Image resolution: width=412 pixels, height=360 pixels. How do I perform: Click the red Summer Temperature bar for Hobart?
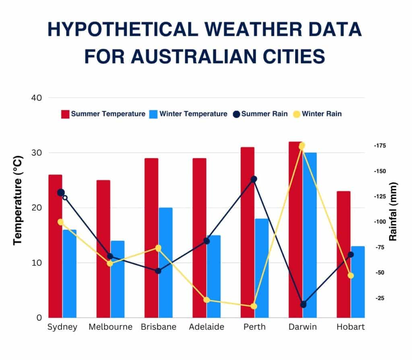[x=343, y=254]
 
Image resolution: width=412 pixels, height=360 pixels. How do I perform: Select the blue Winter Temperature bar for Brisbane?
[x=165, y=262]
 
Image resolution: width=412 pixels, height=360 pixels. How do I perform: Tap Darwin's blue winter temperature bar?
[x=310, y=234]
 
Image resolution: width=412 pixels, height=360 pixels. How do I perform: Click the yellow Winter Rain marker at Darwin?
[x=302, y=146]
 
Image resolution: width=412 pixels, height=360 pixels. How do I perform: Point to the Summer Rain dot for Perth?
[x=254, y=179]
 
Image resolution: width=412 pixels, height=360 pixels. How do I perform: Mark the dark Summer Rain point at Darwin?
[x=303, y=304]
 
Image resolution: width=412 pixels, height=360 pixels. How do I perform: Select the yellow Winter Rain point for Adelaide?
[x=207, y=300]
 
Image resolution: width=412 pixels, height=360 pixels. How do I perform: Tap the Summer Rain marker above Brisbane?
[x=158, y=271]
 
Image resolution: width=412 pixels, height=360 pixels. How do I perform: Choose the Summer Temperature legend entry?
[x=103, y=114]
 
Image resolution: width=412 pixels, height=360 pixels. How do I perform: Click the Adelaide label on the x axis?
[x=206, y=327]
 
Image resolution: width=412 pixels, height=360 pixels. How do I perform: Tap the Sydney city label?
[x=62, y=327]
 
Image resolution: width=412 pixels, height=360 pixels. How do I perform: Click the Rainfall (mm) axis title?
[x=393, y=211]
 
